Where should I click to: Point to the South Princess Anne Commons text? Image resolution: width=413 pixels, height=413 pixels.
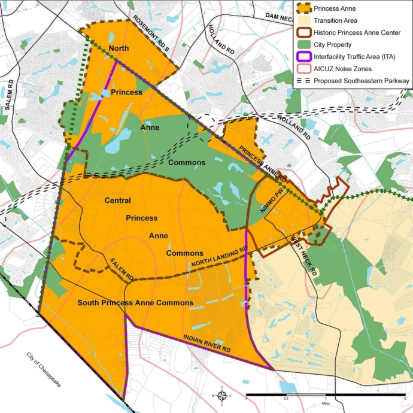pyautogui.click(x=135, y=303)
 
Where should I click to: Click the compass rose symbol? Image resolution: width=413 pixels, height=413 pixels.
pyautogui.click(x=221, y=395)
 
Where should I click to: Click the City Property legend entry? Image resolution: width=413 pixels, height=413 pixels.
pyautogui.click(x=333, y=44)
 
